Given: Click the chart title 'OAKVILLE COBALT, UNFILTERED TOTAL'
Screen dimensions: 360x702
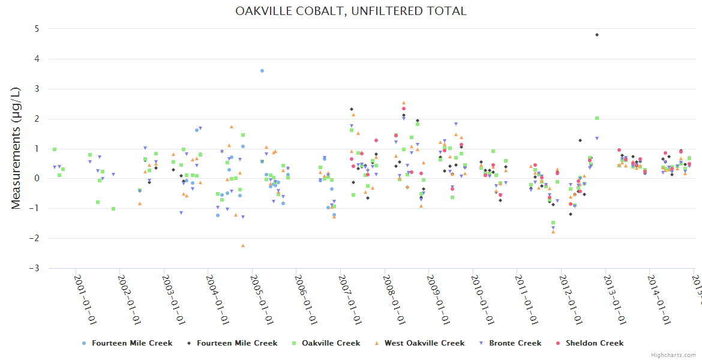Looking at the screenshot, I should [x=351, y=11].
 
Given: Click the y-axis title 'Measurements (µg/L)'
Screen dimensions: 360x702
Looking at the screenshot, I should [x=16, y=148].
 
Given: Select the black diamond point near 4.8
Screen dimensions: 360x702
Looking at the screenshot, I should [x=597, y=35].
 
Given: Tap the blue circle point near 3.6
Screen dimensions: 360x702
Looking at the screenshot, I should [x=262, y=71].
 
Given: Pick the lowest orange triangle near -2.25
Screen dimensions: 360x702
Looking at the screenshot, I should [x=243, y=245].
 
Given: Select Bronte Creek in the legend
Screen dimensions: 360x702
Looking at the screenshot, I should [x=514, y=343].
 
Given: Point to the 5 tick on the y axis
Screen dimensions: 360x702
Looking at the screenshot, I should [x=37, y=29].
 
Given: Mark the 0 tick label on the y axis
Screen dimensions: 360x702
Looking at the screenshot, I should [x=37, y=178].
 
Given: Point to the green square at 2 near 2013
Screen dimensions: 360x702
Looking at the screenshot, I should [x=597, y=118].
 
